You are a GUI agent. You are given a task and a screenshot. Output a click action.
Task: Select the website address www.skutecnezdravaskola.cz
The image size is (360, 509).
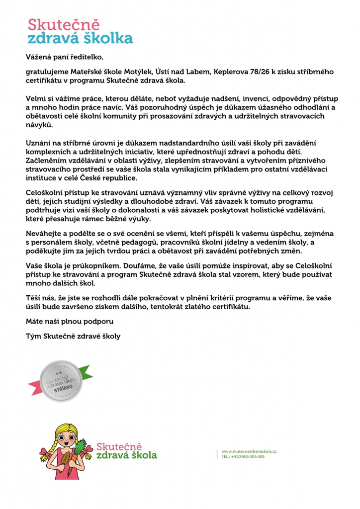(249, 450)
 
